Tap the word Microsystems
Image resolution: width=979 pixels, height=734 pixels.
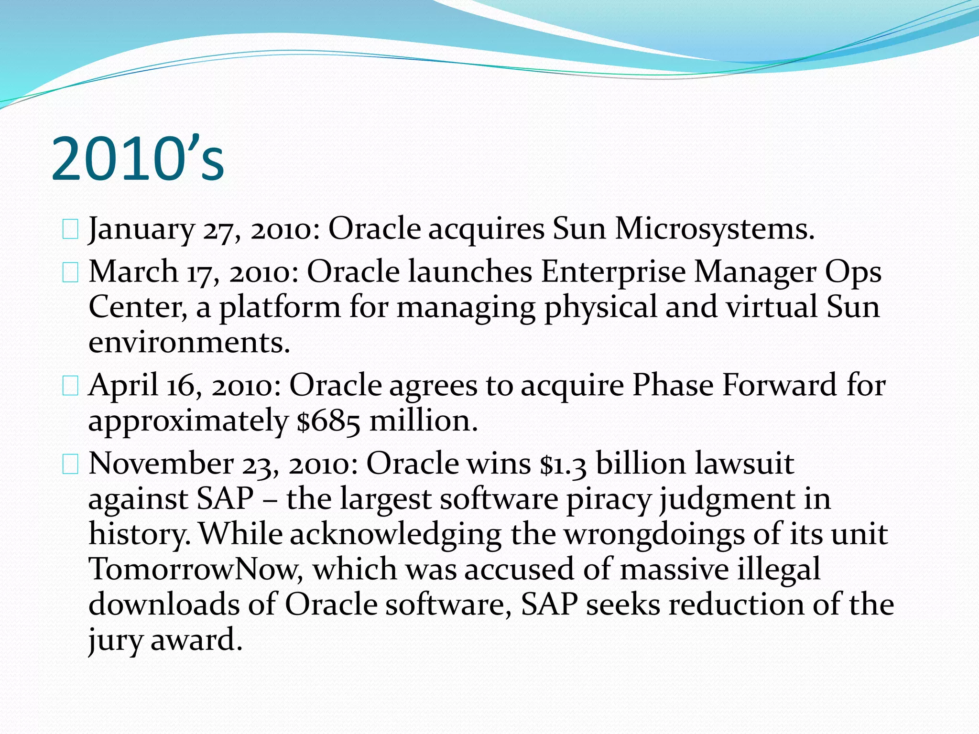714,228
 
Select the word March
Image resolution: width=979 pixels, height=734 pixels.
133,271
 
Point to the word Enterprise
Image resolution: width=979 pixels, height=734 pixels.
613,271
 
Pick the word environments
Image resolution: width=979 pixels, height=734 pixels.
189,342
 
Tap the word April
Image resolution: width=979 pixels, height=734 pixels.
123,385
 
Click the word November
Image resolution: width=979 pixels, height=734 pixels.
161,463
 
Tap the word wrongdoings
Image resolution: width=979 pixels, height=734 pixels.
655,534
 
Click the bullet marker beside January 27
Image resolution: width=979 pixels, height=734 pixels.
70,229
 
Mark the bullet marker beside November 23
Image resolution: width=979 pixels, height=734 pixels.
70,464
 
